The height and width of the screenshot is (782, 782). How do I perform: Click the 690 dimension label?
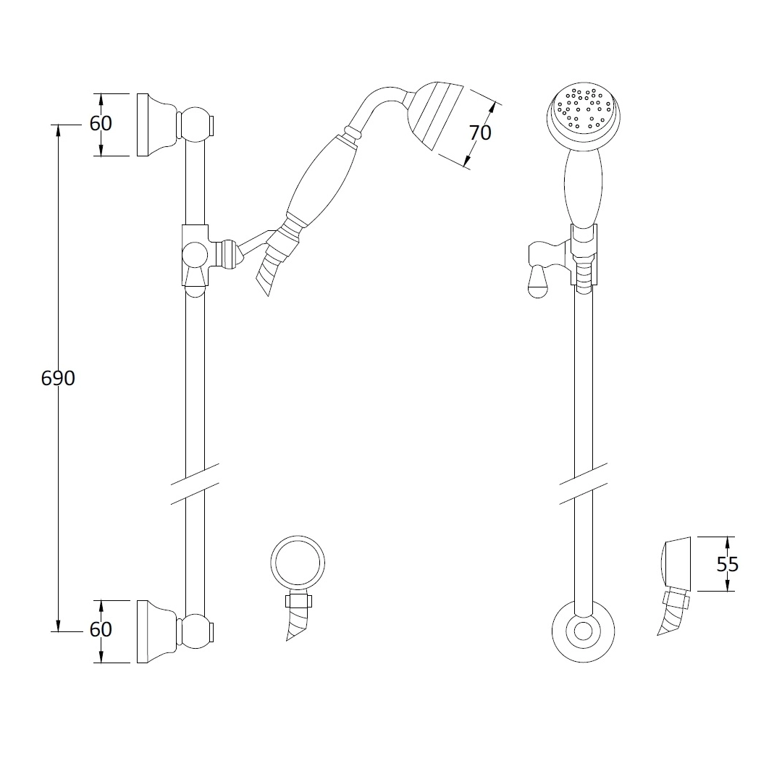click(x=58, y=379)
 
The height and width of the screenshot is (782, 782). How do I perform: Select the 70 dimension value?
click(x=480, y=133)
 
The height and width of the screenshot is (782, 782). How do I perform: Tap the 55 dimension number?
click(x=728, y=565)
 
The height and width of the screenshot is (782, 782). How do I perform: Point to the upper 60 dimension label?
click(x=101, y=124)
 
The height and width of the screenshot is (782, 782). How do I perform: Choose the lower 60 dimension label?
click(x=101, y=629)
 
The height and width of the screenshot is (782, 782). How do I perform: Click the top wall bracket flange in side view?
click(x=156, y=125)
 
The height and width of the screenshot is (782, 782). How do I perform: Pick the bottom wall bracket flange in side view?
click(x=156, y=631)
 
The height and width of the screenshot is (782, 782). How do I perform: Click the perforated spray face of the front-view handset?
click(x=584, y=112)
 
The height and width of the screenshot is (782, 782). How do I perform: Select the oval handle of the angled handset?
click(x=321, y=179)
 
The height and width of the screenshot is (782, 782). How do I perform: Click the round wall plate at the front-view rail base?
click(x=584, y=631)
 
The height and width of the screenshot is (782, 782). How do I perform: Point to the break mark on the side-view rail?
click(x=195, y=484)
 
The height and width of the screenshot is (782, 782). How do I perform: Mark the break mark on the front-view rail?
click(x=584, y=484)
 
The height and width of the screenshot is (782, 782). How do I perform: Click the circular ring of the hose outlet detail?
click(x=298, y=563)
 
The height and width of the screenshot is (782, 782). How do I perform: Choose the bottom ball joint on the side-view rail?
click(x=195, y=631)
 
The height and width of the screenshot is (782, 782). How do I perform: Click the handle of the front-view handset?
click(x=584, y=189)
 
